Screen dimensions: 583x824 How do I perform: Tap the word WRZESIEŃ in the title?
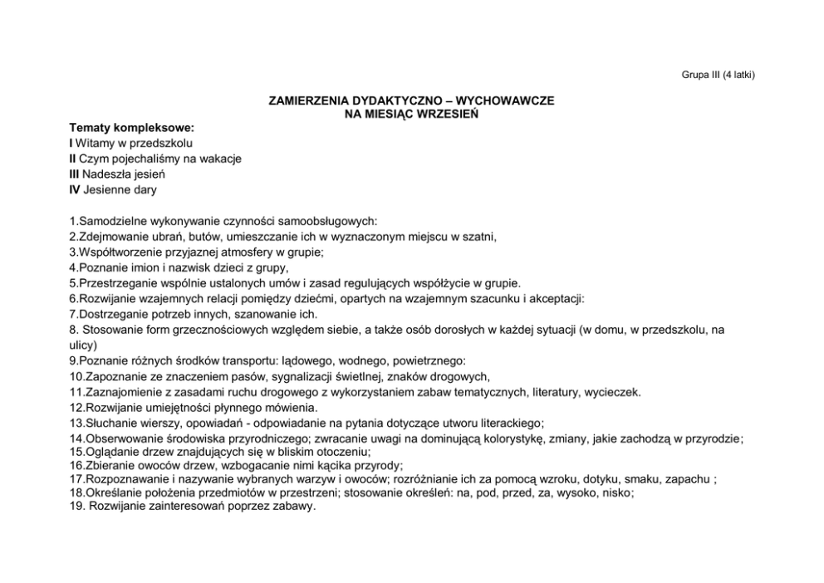point(448,114)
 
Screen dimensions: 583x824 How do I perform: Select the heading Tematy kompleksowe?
point(131,129)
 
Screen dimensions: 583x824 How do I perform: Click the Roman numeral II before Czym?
point(73,159)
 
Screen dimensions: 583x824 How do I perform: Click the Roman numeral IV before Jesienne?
point(74,189)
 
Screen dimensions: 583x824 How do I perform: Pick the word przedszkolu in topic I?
point(162,144)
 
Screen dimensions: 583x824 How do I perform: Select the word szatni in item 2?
point(478,237)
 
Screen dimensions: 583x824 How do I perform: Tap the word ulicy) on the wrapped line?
point(83,345)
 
